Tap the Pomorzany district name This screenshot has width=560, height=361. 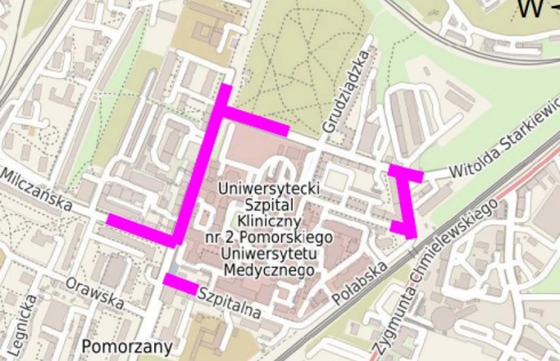pos(127,346)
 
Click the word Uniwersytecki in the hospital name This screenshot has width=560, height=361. pos(269,189)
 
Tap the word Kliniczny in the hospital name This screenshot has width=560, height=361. pos(271,221)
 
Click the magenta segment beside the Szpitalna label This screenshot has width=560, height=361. pos(179,284)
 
